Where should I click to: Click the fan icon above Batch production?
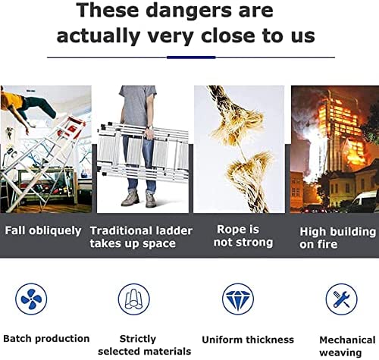click(x=31, y=299)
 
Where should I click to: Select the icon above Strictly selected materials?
click(x=134, y=299)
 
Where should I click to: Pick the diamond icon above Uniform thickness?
click(x=238, y=299)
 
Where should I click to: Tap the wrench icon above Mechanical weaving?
click(x=341, y=299)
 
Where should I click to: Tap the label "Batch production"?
click(x=45, y=339)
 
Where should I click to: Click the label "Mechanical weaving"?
click(x=347, y=346)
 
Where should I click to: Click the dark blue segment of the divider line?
click(x=190, y=57)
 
